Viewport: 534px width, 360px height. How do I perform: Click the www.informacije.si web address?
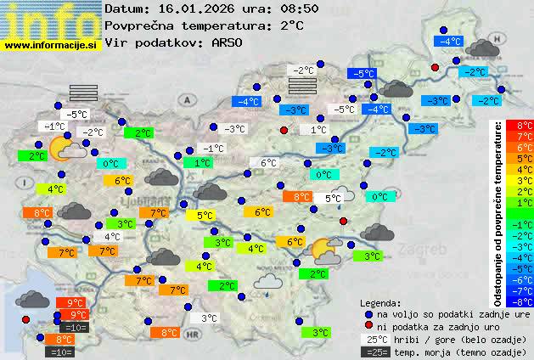(x=51, y=45)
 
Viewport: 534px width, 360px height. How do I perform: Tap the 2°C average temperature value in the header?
(x=290, y=25)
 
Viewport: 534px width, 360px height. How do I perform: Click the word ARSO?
(x=228, y=42)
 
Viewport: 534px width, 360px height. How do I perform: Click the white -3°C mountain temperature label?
(x=233, y=129)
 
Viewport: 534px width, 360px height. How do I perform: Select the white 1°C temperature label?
(x=318, y=130)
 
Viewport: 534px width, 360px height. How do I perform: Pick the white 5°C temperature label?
(x=333, y=198)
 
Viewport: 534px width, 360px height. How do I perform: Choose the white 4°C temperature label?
(x=111, y=237)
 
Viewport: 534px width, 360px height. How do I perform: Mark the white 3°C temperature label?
(x=209, y=318)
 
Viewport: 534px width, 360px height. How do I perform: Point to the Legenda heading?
(x=380, y=302)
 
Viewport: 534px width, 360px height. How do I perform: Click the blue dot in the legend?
(x=368, y=313)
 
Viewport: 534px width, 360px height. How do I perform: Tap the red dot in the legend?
(x=368, y=326)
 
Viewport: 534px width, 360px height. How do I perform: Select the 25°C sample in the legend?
(x=374, y=339)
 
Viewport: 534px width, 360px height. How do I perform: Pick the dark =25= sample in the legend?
(x=374, y=352)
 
